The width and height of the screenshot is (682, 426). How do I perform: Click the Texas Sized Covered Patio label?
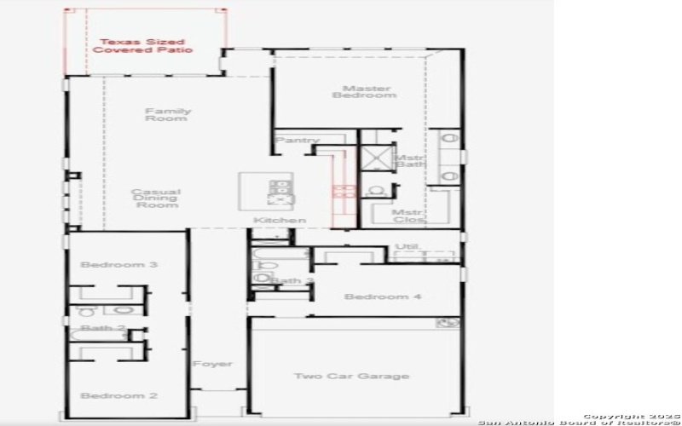pyautogui.click(x=142, y=46)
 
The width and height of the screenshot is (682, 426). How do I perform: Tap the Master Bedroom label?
pyautogui.click(x=366, y=91)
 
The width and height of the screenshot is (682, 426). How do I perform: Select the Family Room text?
pyautogui.click(x=167, y=114)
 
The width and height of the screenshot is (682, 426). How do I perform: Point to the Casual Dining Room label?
pyautogui.click(x=155, y=198)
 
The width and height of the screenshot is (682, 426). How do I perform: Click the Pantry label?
pyautogui.click(x=298, y=141)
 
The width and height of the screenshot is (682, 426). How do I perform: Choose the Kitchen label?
pyautogui.click(x=279, y=221)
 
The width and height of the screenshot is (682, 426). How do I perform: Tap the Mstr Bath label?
pyautogui.click(x=408, y=160)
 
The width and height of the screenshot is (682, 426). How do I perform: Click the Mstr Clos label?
pyautogui.click(x=407, y=216)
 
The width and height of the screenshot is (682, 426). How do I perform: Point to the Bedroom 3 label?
pyautogui.click(x=118, y=265)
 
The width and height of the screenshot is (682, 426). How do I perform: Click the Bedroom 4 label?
pyautogui.click(x=383, y=296)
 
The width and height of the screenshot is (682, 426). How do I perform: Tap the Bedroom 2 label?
pyautogui.click(x=118, y=395)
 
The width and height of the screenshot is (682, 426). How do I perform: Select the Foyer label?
pyautogui.click(x=211, y=364)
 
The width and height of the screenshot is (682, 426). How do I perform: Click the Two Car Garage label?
pyautogui.click(x=351, y=376)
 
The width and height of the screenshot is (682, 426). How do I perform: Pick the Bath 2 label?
pyautogui.click(x=103, y=328)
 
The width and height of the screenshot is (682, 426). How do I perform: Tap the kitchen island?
pyautogui.click(x=268, y=192)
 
